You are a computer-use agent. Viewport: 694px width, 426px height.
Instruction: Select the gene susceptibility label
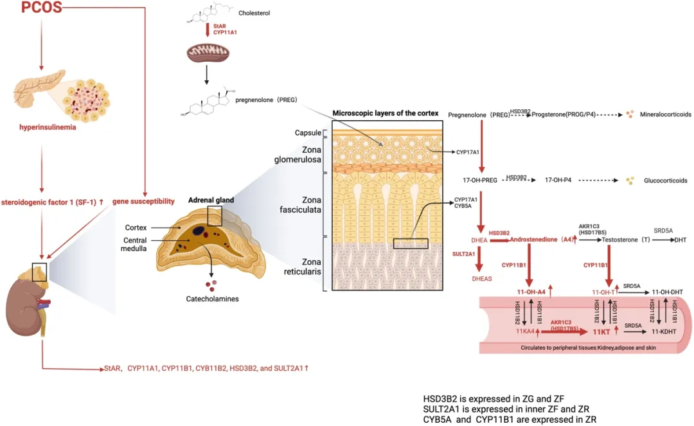143,201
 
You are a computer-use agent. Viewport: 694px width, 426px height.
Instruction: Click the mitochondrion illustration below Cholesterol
207,53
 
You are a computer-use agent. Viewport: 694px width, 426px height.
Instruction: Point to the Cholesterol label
255,12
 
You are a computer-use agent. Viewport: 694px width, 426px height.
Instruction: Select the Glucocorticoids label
666,181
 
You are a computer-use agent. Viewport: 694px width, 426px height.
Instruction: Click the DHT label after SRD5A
681,239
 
